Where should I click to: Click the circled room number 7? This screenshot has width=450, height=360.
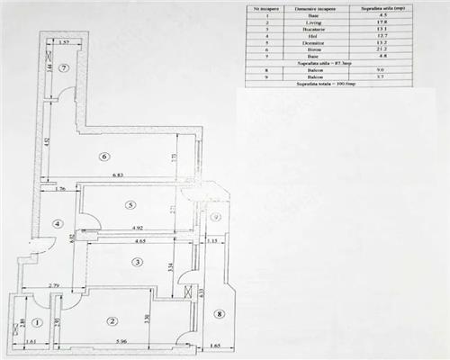pyautogui.click(x=65, y=68)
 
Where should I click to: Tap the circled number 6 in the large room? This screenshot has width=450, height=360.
pyautogui.click(x=104, y=156)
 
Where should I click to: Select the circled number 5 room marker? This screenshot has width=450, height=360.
pyautogui.click(x=131, y=204)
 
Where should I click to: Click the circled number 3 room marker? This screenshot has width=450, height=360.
pyautogui.click(x=137, y=262)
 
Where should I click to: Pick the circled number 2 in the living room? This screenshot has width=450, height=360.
pyautogui.click(x=112, y=320)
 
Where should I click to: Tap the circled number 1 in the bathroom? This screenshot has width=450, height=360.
pyautogui.click(x=37, y=321)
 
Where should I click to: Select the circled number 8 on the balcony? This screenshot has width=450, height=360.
pyautogui.click(x=220, y=314)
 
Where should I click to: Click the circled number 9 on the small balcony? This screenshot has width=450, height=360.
pyautogui.click(x=216, y=218)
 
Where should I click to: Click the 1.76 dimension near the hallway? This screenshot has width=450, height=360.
pyautogui.click(x=60, y=189)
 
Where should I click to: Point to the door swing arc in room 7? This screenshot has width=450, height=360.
pyautogui.click(x=68, y=93)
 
